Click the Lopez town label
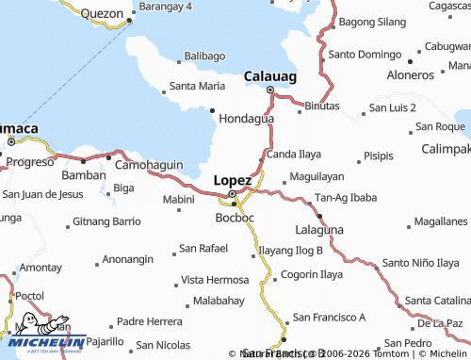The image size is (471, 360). [x=233, y=180]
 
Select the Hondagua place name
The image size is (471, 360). [x=246, y=120]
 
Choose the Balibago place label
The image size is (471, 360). [x=204, y=57]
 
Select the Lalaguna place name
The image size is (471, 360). [x=319, y=229]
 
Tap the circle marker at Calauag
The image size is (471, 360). [x=271, y=90]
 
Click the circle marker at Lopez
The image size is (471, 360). [x=233, y=195]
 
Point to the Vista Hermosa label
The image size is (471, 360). [x=215, y=280]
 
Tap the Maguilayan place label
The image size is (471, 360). [x=317, y=176]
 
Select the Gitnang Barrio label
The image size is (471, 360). [x=106, y=222]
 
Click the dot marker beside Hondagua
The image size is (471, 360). [x=213, y=110]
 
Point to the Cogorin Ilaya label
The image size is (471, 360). [x=311, y=276]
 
